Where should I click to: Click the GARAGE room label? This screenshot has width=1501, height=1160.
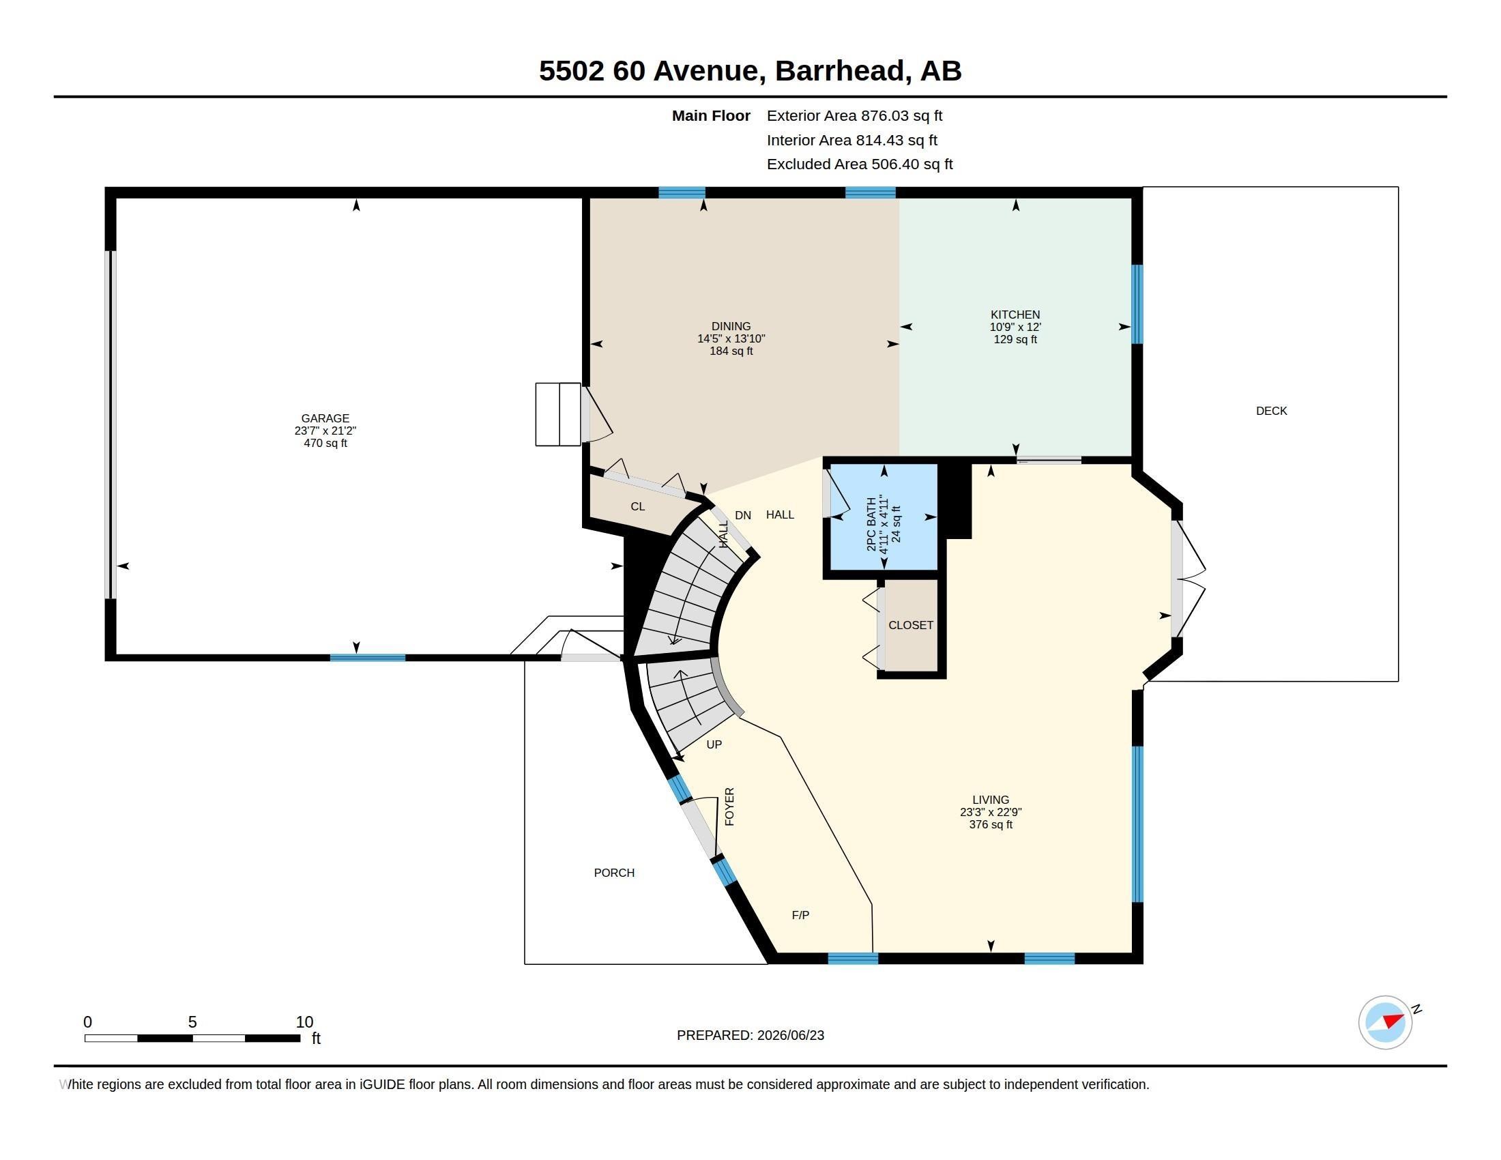tap(325, 418)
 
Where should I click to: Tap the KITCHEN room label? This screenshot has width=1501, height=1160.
tap(1015, 315)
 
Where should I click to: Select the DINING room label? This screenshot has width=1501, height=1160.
tap(731, 326)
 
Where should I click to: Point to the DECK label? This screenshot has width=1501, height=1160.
tap(1272, 411)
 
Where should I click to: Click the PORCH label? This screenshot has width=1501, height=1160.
tap(614, 873)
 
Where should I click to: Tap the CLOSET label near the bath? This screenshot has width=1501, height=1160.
tap(911, 625)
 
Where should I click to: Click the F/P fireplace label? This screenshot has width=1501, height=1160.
tap(801, 915)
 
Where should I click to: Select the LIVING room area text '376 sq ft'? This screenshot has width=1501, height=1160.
tap(991, 825)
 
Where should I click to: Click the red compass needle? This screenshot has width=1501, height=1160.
tap(1393, 1021)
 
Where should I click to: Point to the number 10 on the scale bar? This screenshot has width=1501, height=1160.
tap(304, 1022)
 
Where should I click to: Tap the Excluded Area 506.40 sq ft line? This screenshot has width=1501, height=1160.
tap(860, 164)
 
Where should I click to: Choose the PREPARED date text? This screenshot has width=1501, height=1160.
tap(750, 1035)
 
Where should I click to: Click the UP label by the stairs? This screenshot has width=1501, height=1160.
tap(714, 744)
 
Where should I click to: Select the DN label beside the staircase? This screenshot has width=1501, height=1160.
tap(743, 515)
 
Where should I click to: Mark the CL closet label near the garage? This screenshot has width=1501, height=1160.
tap(638, 506)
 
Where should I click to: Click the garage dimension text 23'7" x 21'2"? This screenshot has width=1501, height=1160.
tap(325, 431)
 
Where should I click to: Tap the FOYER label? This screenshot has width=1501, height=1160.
tap(729, 807)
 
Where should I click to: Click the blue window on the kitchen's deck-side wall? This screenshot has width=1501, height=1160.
tap(1137, 304)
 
